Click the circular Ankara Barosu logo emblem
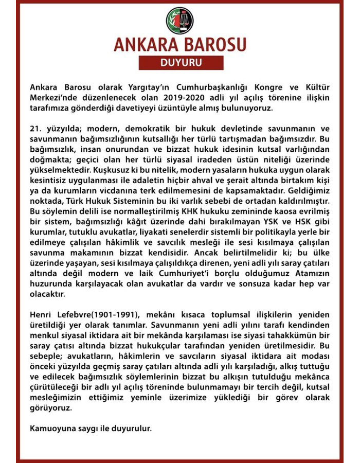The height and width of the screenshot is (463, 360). tap(180, 20)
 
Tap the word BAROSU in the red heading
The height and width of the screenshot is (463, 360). tap(212, 45)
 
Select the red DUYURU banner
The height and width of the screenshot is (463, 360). tap(179, 64)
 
